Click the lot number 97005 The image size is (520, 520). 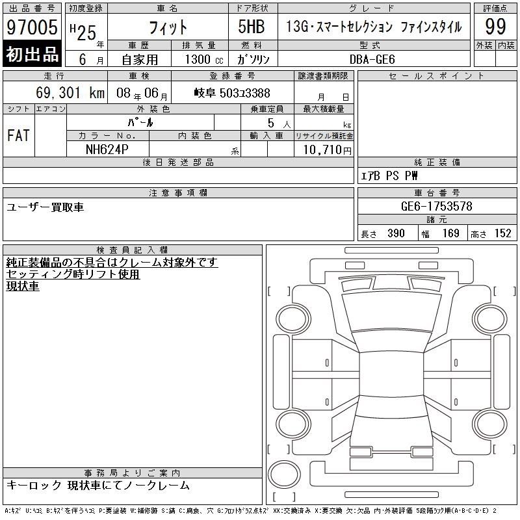(x=32, y=27)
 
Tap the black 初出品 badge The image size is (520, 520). (x=32, y=54)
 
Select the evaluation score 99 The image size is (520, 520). (x=495, y=27)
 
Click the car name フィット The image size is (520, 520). (x=168, y=27)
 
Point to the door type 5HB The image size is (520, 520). (x=252, y=27)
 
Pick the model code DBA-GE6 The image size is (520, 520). (x=372, y=59)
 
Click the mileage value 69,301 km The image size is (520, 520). (x=70, y=92)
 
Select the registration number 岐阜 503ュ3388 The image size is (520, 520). (x=232, y=93)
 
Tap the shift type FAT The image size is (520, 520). (x=19, y=135)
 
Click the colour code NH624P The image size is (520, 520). (x=107, y=149)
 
